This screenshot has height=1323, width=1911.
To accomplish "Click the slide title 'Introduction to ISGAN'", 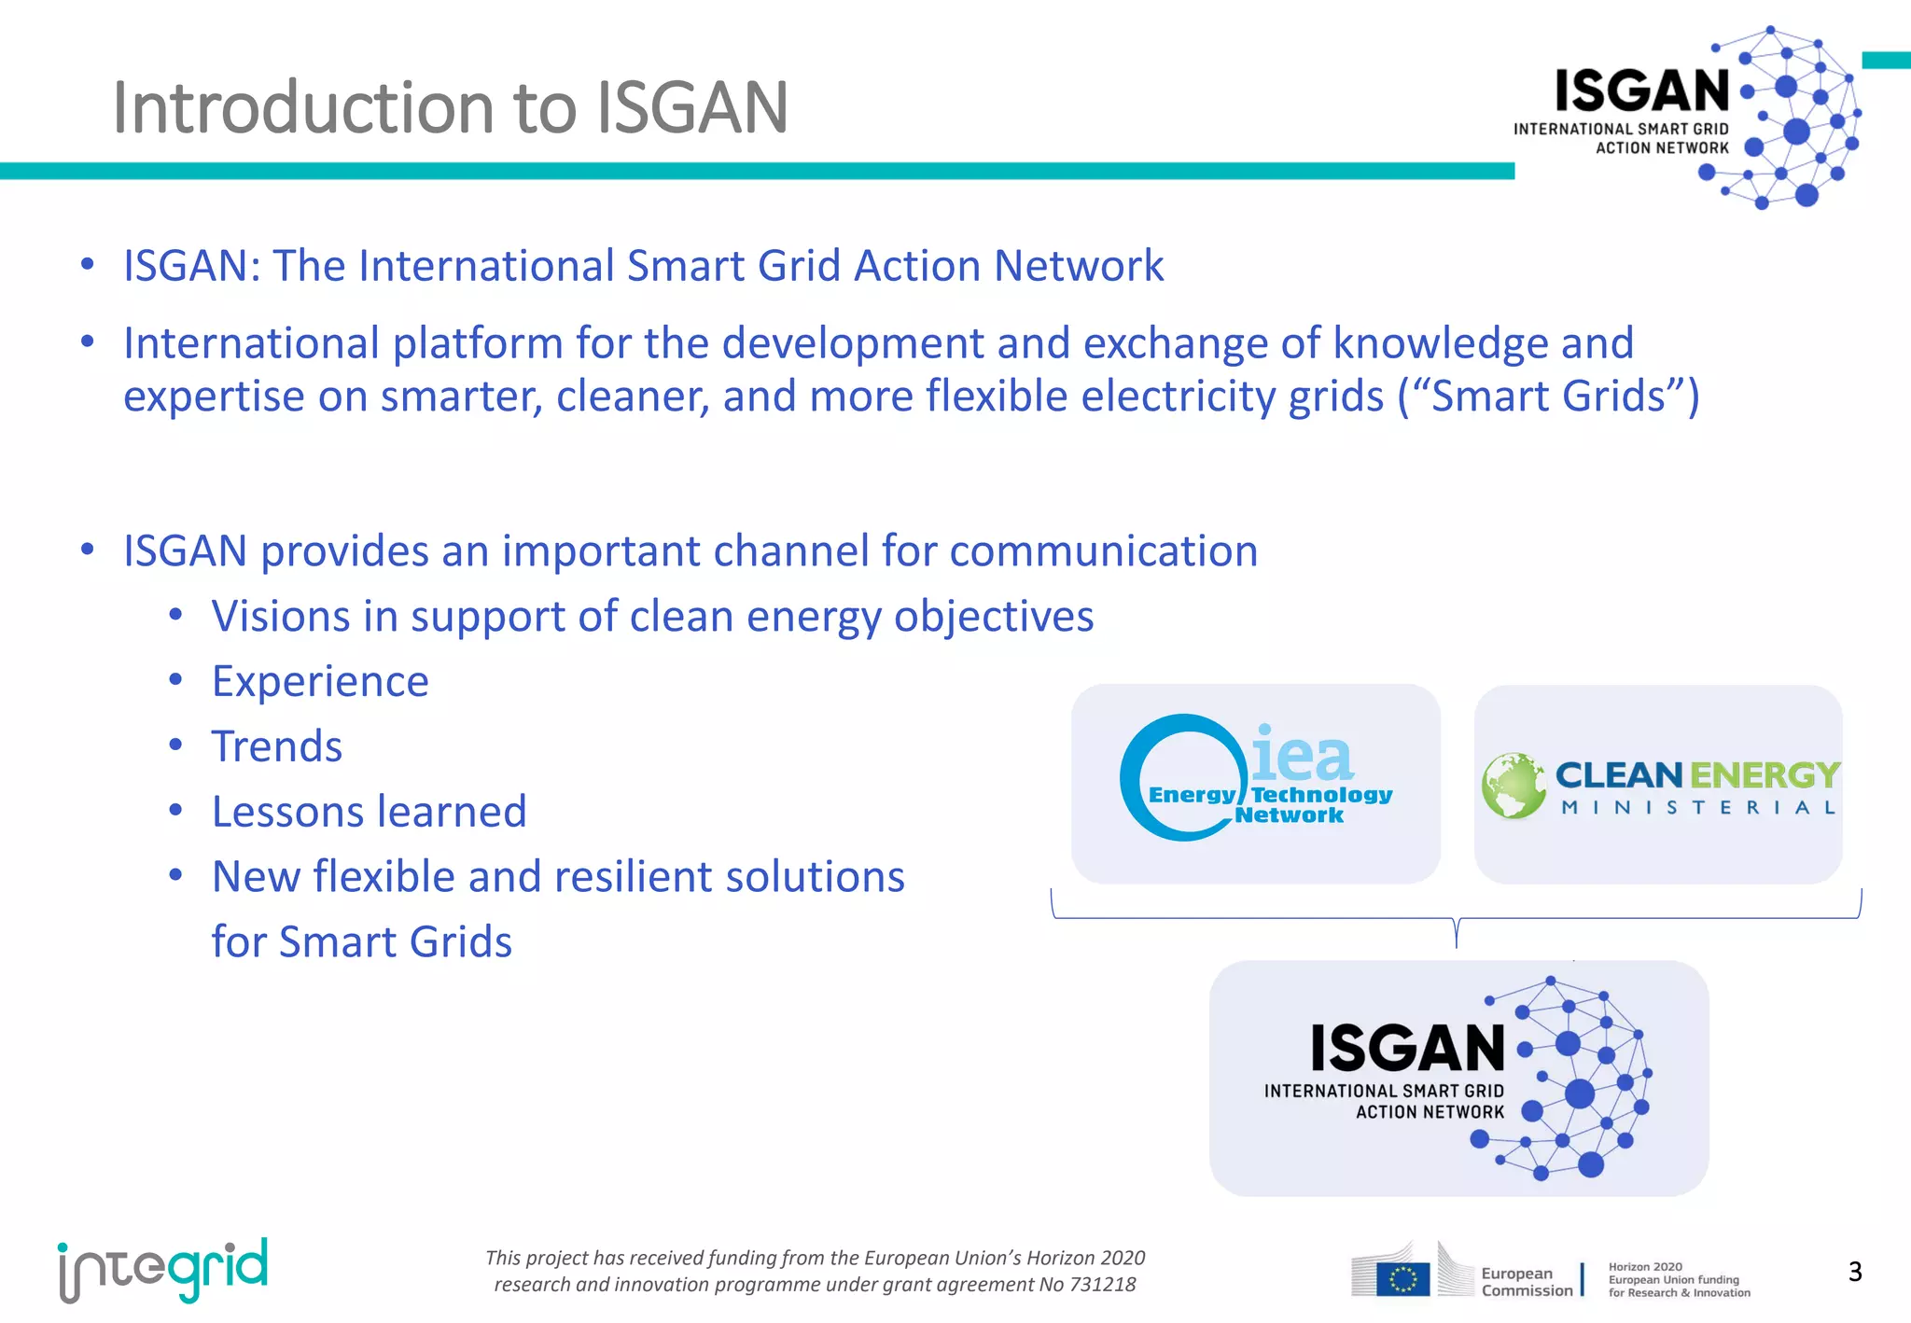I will click(x=450, y=107).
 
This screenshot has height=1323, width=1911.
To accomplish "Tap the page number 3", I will click(x=1854, y=1272).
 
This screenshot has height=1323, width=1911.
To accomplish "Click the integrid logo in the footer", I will click(x=163, y=1270).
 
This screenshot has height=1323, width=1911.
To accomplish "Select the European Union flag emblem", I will click(x=1402, y=1278).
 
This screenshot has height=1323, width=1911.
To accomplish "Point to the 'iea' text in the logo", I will click(x=1302, y=756).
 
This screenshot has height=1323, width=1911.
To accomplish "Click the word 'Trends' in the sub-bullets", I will click(x=277, y=746).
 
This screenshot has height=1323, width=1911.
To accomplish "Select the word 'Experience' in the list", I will click(x=320, y=681).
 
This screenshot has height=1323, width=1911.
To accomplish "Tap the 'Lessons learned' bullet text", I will click(x=369, y=812).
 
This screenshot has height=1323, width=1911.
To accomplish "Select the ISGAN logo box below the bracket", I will click(x=1458, y=1078).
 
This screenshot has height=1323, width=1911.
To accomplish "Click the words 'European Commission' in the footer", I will click(x=1526, y=1282).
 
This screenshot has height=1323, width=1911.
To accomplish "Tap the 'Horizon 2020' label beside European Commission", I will click(x=1645, y=1267).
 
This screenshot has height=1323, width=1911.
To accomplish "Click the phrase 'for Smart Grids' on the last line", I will click(x=362, y=941).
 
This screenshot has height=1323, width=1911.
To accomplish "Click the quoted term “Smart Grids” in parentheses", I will click(x=1548, y=396).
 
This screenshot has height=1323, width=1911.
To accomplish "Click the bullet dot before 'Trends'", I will click(x=175, y=745).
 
